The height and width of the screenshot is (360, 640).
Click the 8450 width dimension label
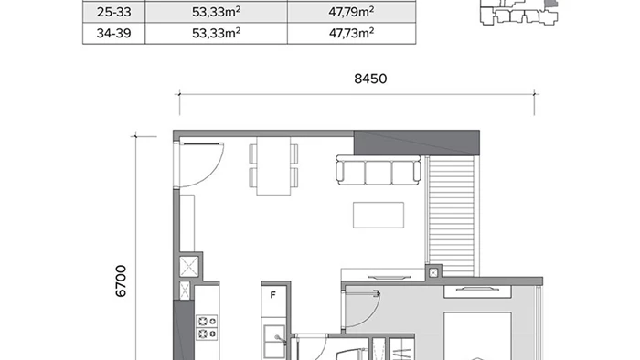(370, 79)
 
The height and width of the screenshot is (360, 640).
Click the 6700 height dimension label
(122, 281)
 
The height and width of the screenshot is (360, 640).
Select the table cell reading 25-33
(114, 12)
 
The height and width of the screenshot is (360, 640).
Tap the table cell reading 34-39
(114, 34)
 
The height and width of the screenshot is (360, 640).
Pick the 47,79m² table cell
(351, 12)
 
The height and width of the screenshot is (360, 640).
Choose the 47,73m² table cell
(351, 34)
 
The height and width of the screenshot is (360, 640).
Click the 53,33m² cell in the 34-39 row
(217, 34)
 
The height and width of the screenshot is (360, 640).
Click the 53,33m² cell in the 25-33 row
(217, 12)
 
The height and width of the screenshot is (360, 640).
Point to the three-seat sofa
(379, 170)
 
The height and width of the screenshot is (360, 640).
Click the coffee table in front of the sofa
(379, 215)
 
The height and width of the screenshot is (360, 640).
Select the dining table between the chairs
(273, 165)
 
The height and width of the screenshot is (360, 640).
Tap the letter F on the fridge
(273, 295)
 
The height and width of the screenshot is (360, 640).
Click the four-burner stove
(207, 327)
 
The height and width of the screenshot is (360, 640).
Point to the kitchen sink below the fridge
(274, 342)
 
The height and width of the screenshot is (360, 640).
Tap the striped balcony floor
(451, 217)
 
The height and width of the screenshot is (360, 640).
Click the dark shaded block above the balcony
(416, 143)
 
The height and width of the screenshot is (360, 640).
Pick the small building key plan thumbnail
(519, 12)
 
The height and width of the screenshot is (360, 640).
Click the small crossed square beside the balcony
(433, 272)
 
